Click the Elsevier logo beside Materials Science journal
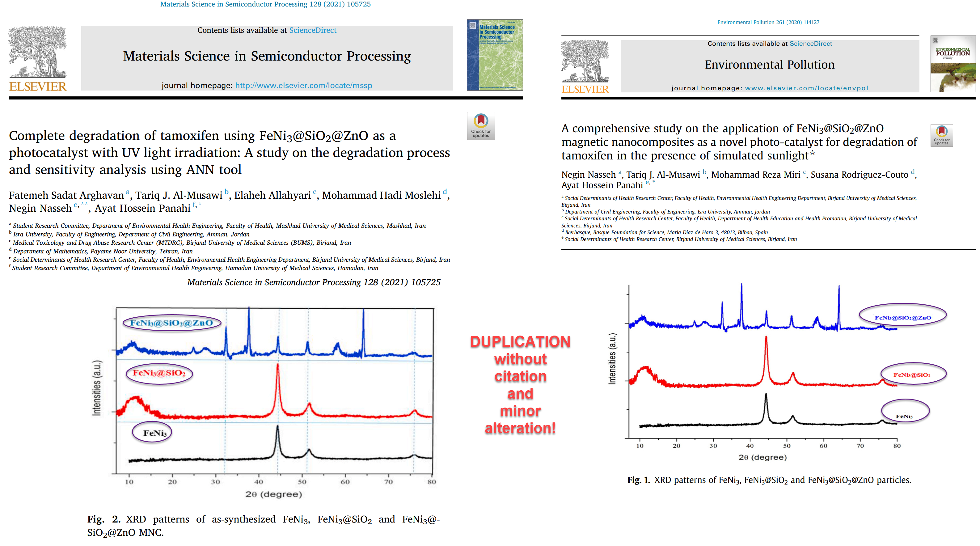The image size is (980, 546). (38, 59)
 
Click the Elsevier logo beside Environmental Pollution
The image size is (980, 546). (585, 66)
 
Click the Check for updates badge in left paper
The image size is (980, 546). (481, 125)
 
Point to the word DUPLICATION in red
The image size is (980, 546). (520, 342)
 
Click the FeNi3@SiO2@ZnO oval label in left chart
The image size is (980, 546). (171, 323)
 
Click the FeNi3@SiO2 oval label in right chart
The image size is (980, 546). (912, 375)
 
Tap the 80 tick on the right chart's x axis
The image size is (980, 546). (897, 446)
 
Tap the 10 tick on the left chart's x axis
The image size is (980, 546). (129, 482)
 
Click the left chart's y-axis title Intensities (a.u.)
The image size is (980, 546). (97, 388)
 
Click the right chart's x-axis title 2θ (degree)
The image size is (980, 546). (762, 457)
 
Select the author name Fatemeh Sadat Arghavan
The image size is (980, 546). (66, 196)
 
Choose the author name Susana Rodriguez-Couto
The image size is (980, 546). (859, 175)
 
